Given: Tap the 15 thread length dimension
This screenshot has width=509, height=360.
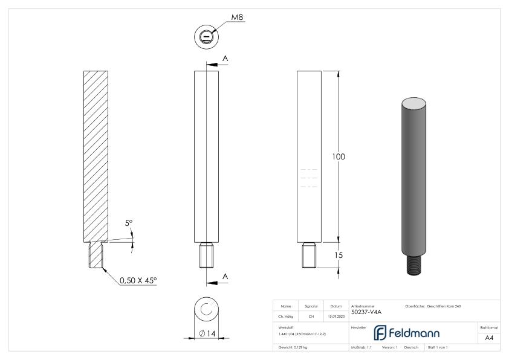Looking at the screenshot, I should pyautogui.click(x=339, y=256).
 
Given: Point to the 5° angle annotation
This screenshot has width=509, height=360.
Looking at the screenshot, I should pyautogui.click(x=129, y=223).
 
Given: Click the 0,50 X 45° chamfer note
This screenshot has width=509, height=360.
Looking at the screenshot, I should pyautogui.click(x=138, y=280).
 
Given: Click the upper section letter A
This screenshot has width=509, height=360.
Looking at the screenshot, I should pyautogui.click(x=225, y=59).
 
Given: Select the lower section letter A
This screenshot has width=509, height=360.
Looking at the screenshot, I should pyautogui.click(x=225, y=276).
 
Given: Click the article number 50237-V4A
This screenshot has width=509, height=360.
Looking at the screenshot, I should pyautogui.click(x=366, y=312).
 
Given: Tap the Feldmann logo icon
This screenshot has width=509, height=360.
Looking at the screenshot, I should pyautogui.click(x=383, y=332).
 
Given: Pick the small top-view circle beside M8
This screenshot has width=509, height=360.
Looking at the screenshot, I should pyautogui.click(x=207, y=37).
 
